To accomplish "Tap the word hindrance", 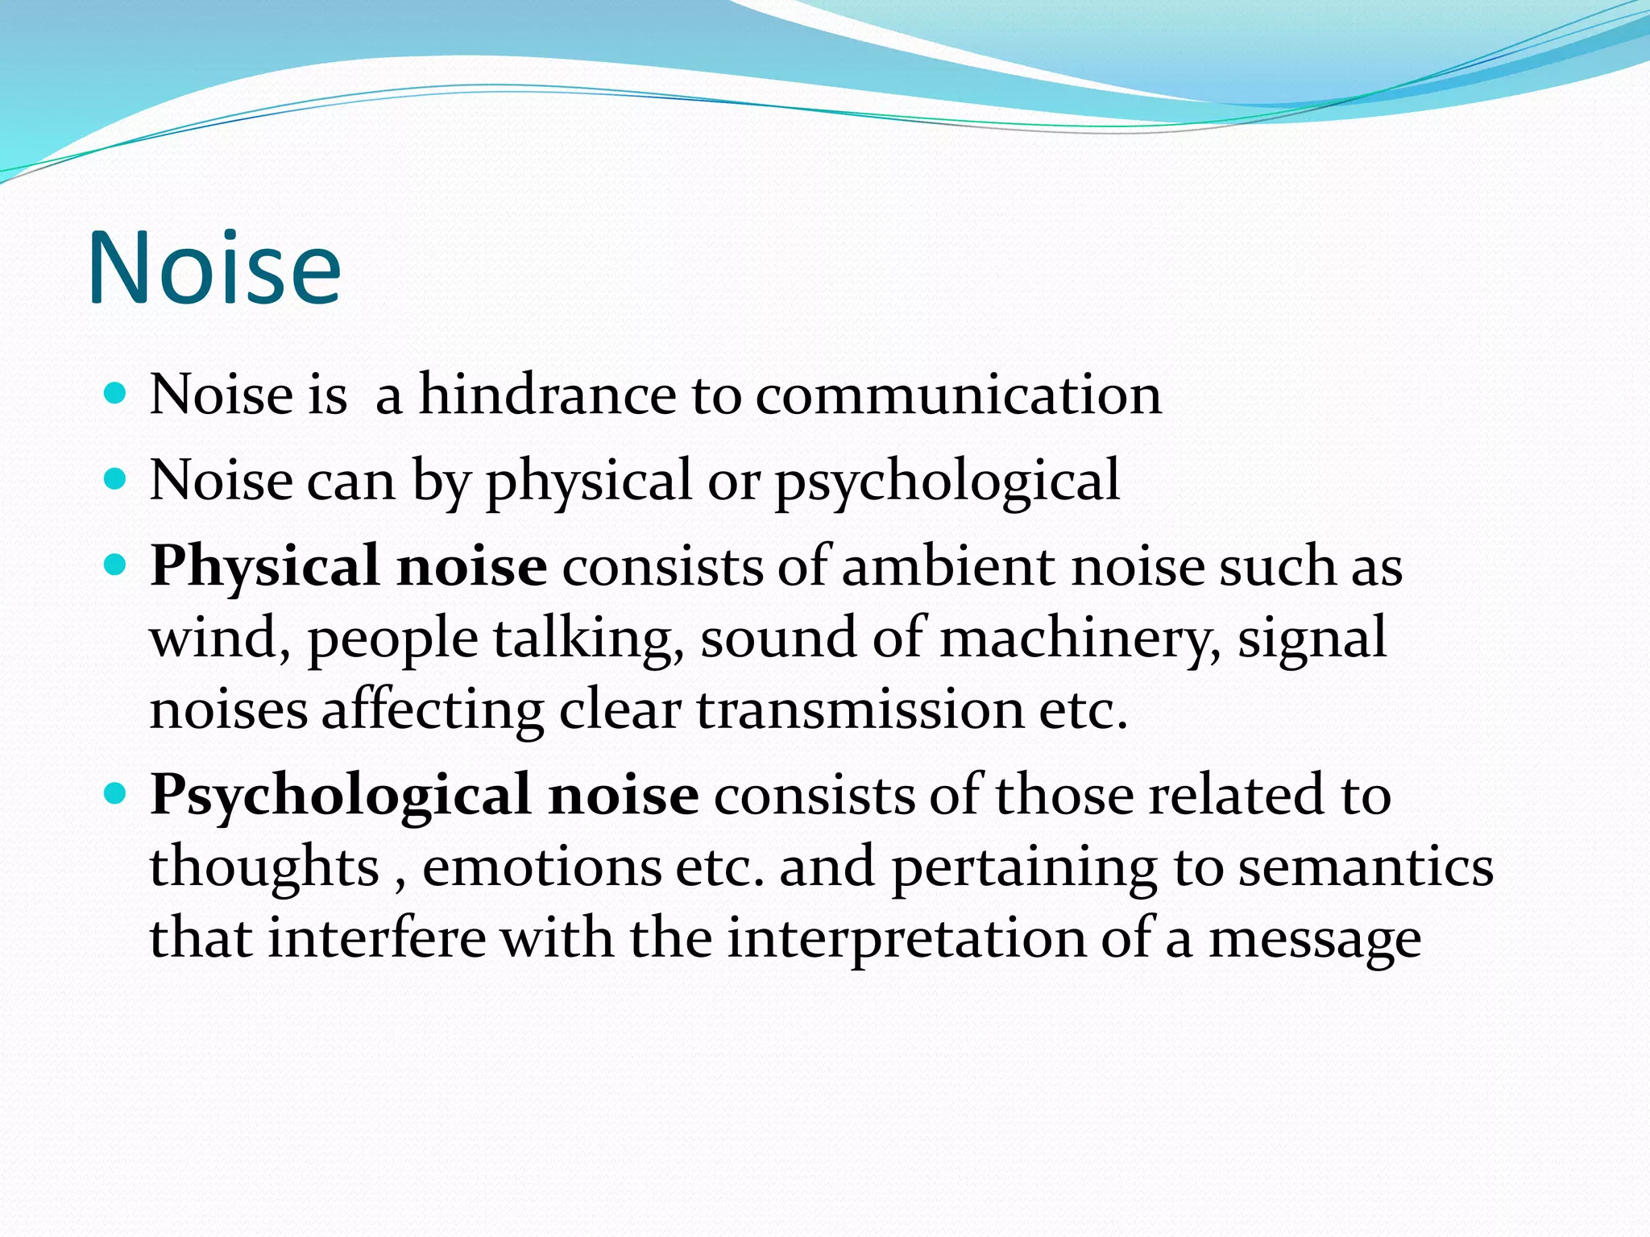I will (548, 395).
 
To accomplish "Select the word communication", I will (959, 395).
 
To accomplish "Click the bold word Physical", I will (265, 566).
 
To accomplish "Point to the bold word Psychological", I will (341, 795).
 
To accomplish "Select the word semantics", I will (1366, 867).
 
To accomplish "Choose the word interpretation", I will (906, 938).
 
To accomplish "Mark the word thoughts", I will (264, 867).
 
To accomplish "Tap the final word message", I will (1315, 938).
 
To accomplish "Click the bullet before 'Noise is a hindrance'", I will (116, 394).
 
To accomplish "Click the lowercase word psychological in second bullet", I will (947, 481).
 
